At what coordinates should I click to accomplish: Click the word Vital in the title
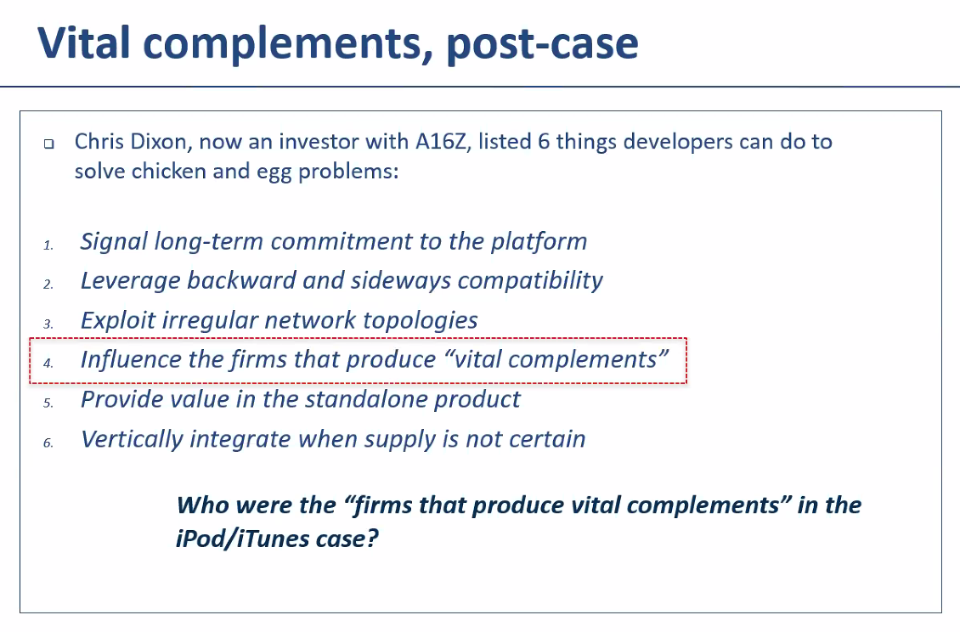coord(84,42)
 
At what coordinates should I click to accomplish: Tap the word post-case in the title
coord(543,44)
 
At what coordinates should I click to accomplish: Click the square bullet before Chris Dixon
coord(49,144)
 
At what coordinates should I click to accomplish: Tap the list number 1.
coord(48,245)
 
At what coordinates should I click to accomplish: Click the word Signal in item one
coord(114,242)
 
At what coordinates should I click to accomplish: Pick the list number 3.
coord(48,324)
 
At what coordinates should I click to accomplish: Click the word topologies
coord(421,321)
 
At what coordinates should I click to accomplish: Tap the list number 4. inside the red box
coord(48,364)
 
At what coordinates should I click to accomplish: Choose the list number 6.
coord(48,443)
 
